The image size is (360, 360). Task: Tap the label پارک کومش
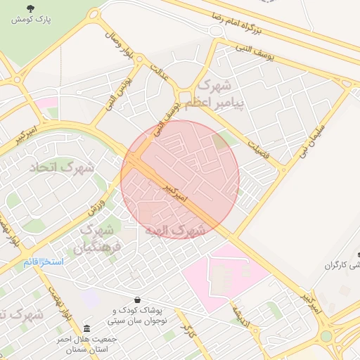(30, 20)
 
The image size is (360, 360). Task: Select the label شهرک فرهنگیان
(98, 238)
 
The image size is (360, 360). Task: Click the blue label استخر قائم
(42, 262)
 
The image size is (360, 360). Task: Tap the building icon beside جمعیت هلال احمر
(86, 329)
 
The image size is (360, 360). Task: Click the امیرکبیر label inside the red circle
(173, 194)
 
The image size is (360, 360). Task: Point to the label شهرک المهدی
(175, 230)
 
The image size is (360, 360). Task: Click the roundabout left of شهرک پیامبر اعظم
(185, 98)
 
